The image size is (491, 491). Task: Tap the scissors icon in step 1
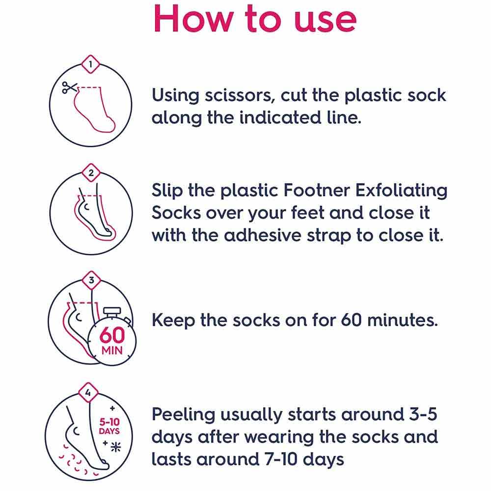(70, 88)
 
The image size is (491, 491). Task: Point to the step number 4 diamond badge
(88, 393)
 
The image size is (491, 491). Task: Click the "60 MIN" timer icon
(112, 340)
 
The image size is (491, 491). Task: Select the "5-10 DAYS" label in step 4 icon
(109, 426)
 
